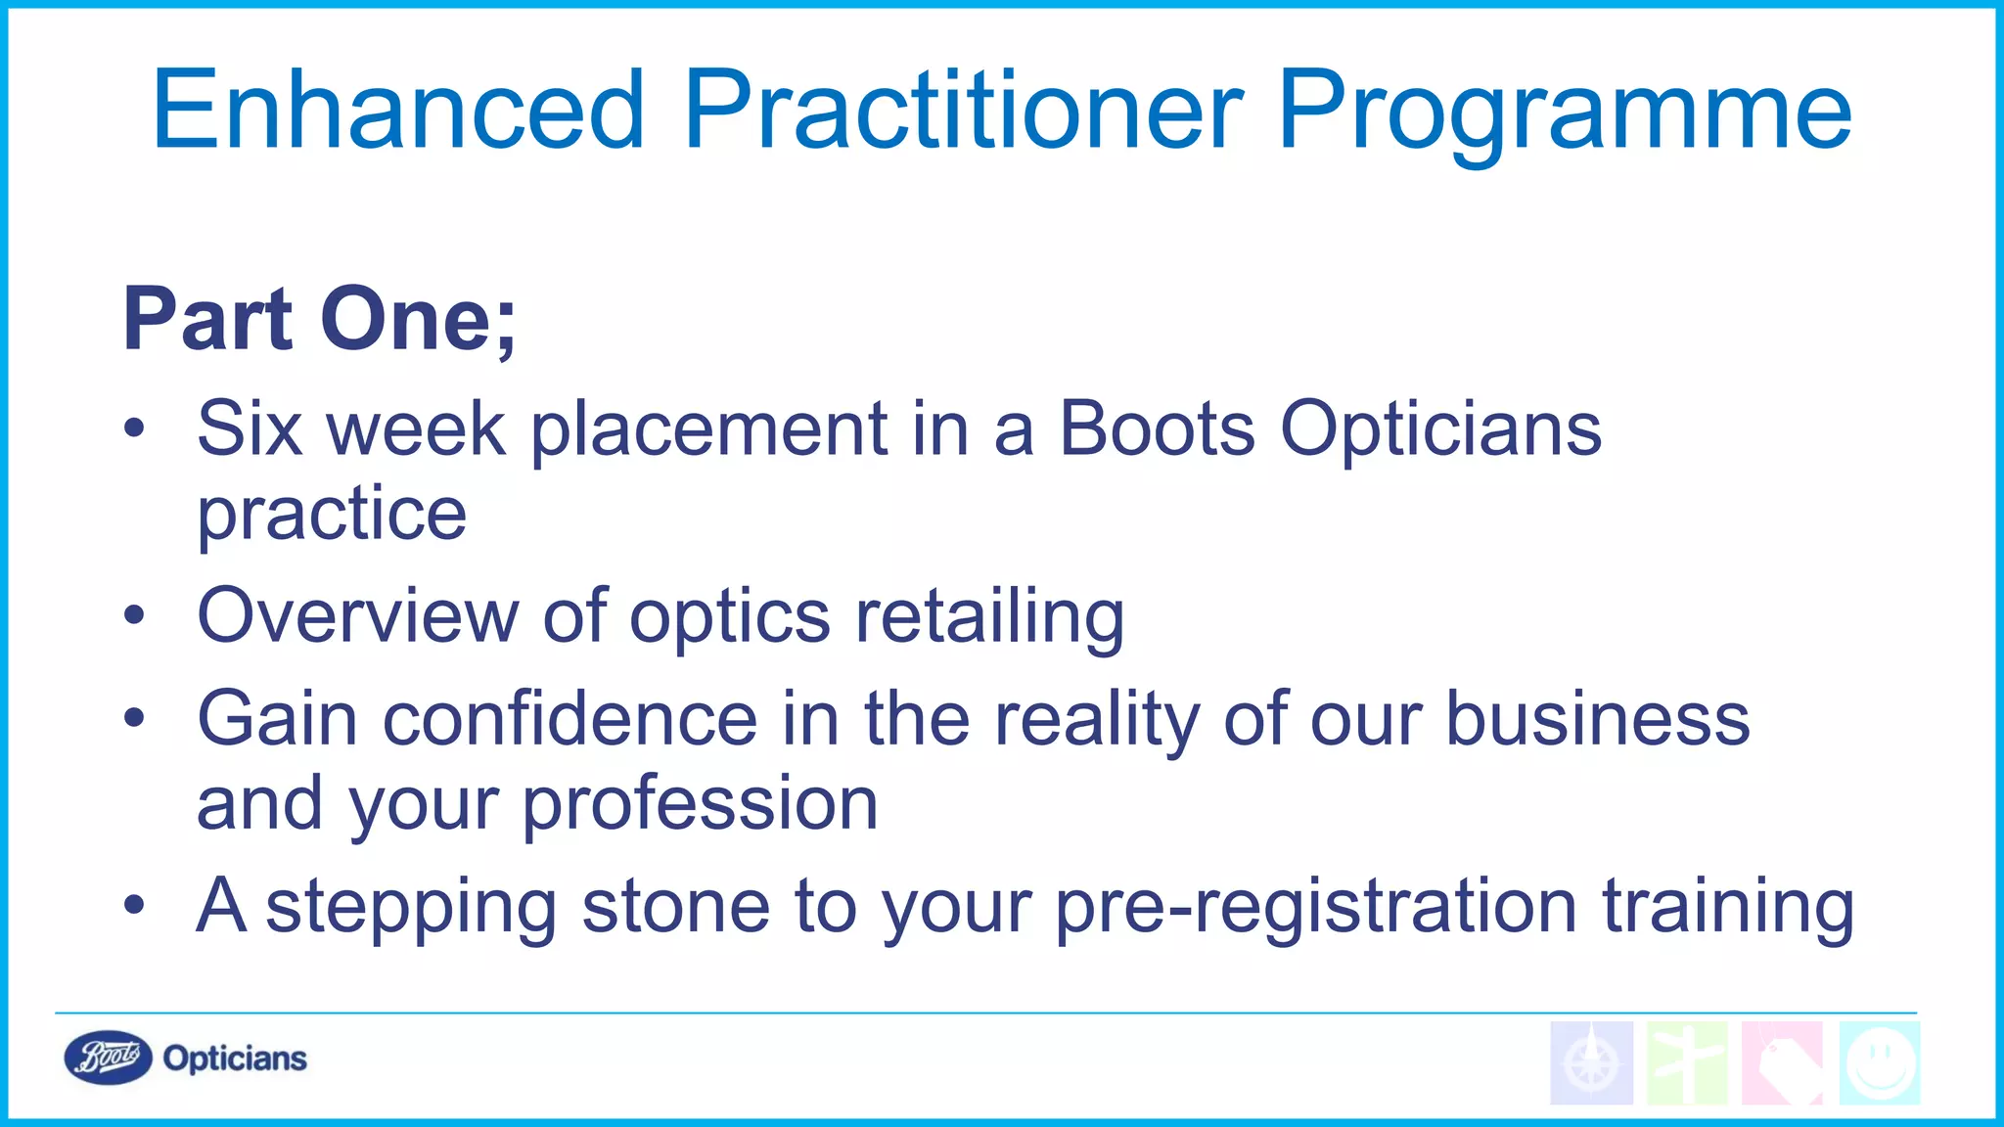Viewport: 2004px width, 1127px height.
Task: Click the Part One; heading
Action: [319, 320]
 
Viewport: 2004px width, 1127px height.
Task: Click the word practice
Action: [332, 516]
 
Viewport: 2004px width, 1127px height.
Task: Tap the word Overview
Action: [357, 616]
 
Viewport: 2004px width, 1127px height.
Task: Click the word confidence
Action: [569, 719]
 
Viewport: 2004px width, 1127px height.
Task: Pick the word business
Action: [1597, 719]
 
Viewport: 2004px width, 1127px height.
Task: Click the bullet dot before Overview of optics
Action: [134, 615]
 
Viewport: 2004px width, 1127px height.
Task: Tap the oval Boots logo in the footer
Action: [108, 1058]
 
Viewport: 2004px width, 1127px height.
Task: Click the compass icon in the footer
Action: [1591, 1063]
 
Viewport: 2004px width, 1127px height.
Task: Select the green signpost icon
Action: [1687, 1063]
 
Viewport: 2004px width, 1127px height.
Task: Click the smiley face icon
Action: [1879, 1063]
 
